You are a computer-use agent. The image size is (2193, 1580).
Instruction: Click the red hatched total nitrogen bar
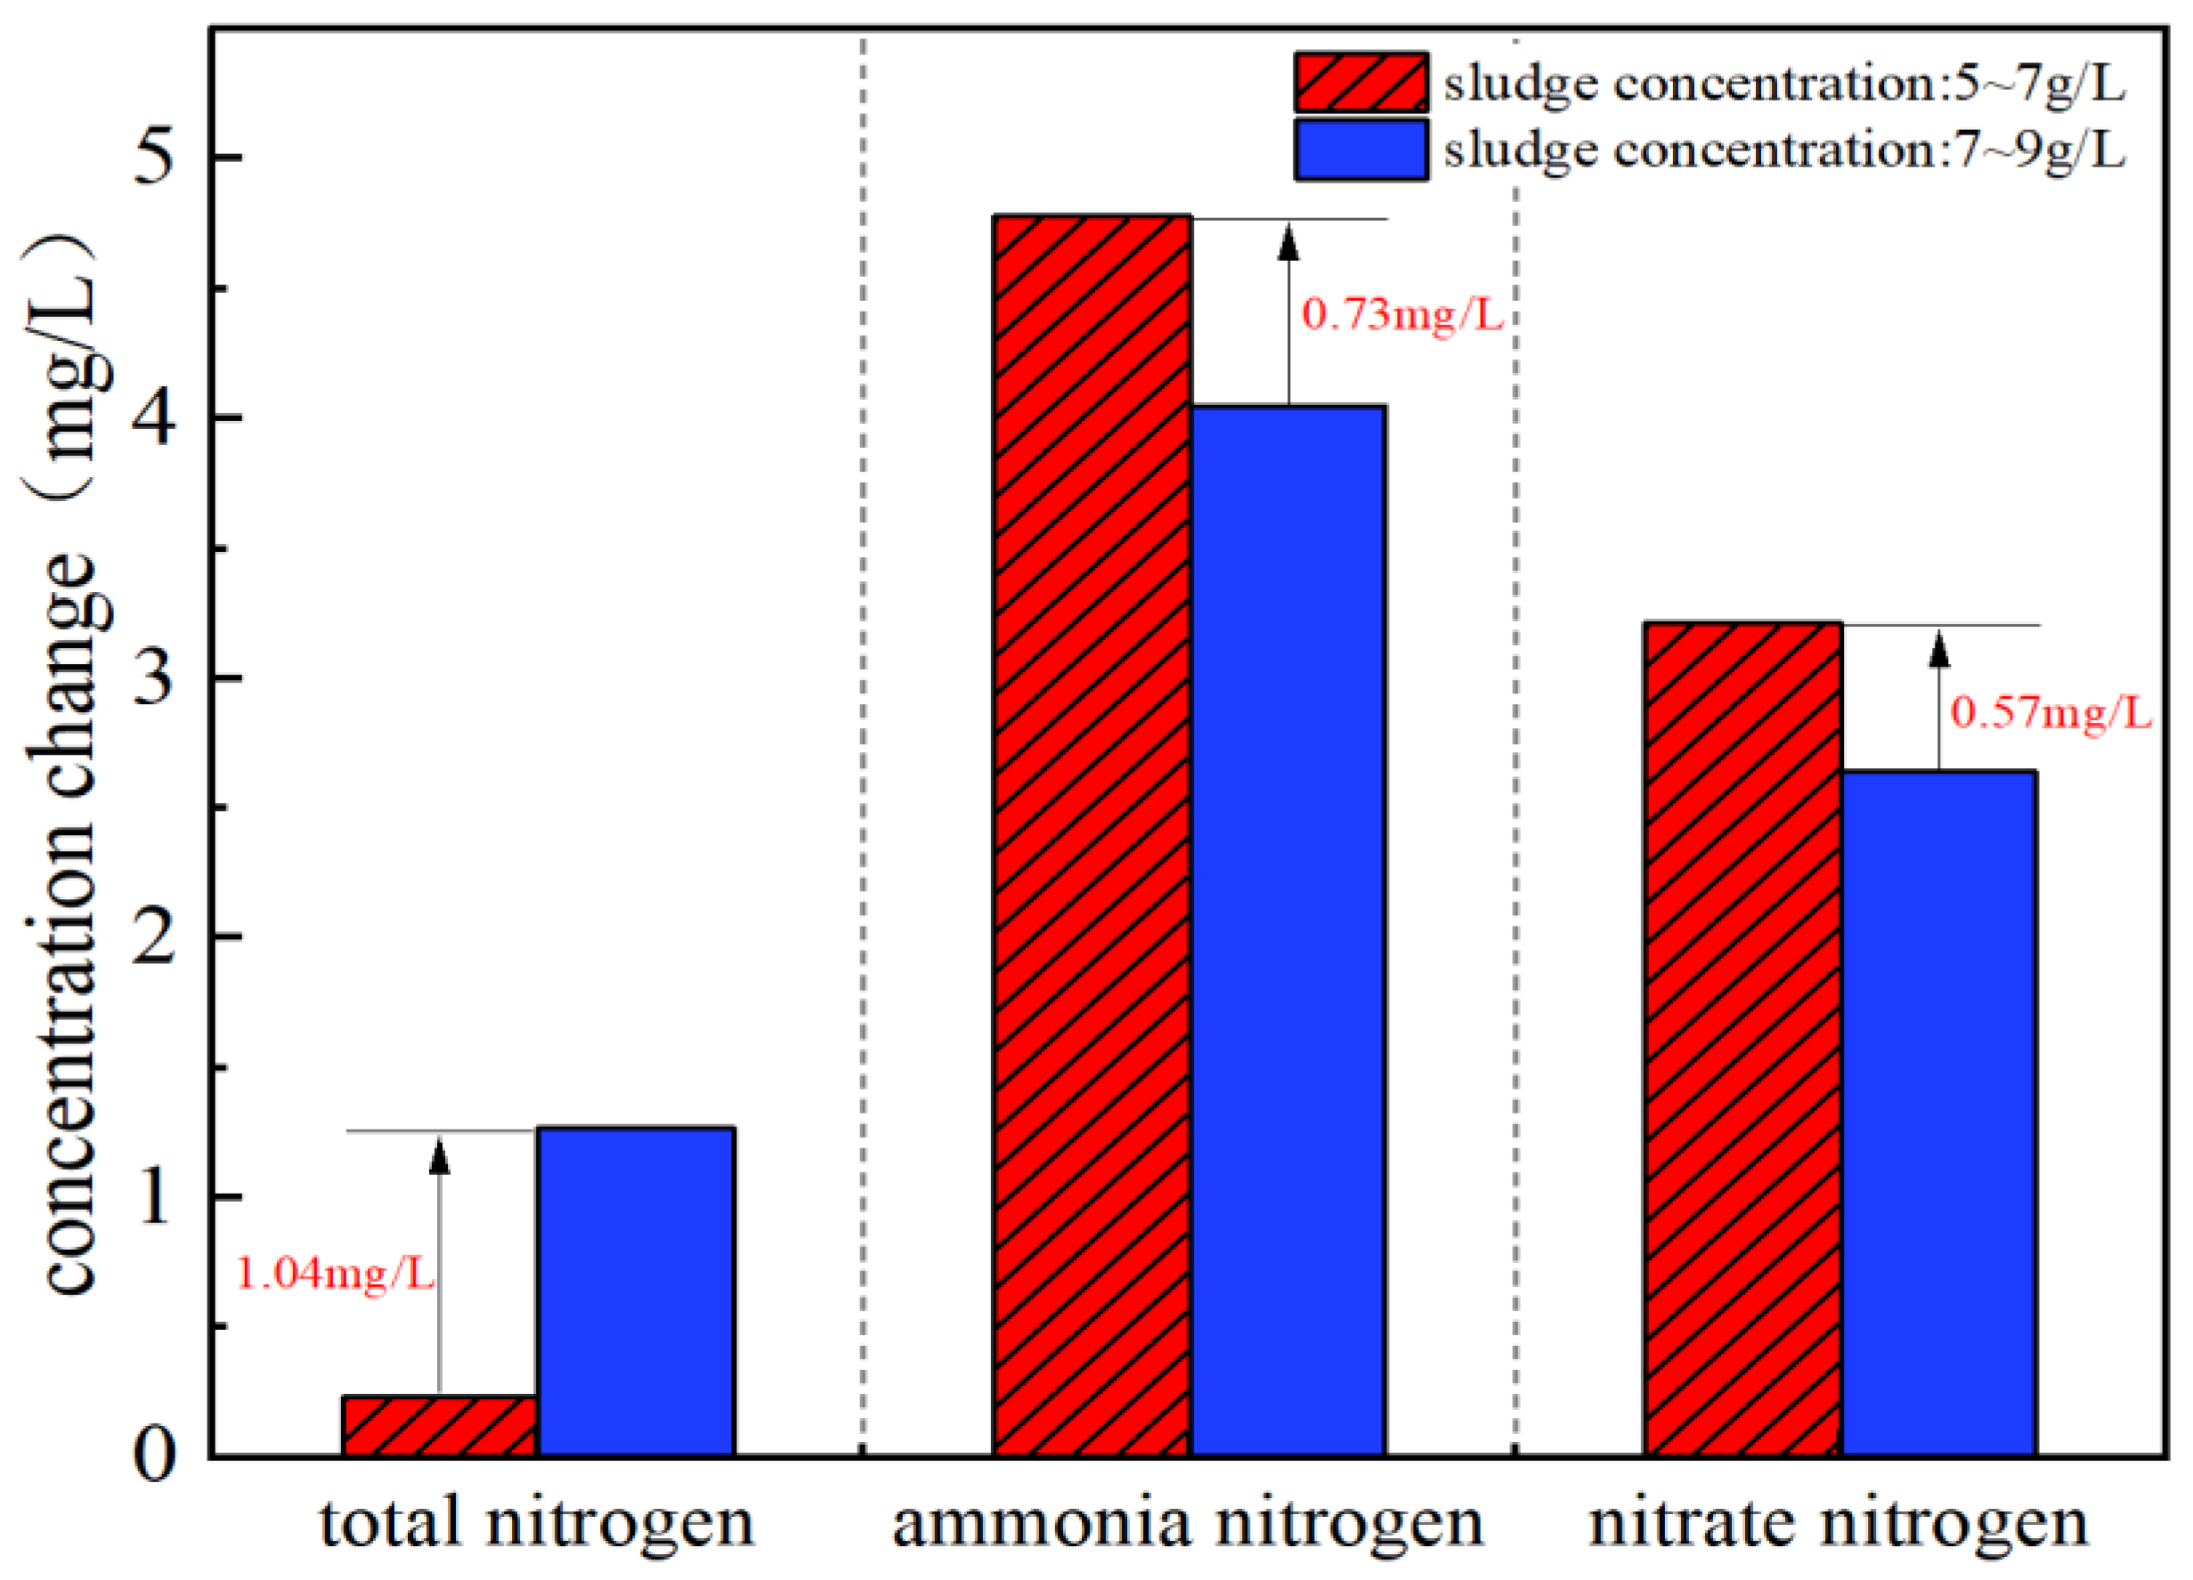tap(440, 1425)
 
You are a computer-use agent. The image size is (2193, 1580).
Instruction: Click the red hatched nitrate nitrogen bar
tap(1743, 1040)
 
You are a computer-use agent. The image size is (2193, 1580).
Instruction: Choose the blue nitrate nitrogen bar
tap(1938, 1113)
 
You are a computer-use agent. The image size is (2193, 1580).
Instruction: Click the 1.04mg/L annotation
tap(336, 1274)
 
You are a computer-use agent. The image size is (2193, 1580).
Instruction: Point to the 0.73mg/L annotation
tap(1403, 314)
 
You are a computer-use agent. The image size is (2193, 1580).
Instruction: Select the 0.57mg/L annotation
tap(2051, 713)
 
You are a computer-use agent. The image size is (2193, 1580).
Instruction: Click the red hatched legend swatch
tap(1361, 83)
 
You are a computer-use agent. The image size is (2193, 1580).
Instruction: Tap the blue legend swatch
tap(1361, 150)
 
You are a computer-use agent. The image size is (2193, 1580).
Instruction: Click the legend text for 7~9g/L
tap(1784, 150)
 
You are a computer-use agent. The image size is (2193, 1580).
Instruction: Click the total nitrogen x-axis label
tap(537, 1525)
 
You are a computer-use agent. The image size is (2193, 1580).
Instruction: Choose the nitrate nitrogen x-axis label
tap(1840, 1525)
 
